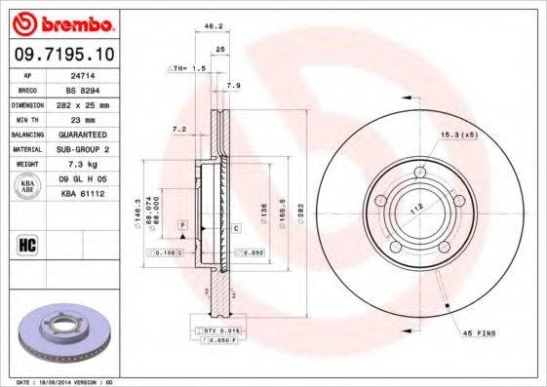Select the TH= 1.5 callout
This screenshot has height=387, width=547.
click(188, 69)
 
